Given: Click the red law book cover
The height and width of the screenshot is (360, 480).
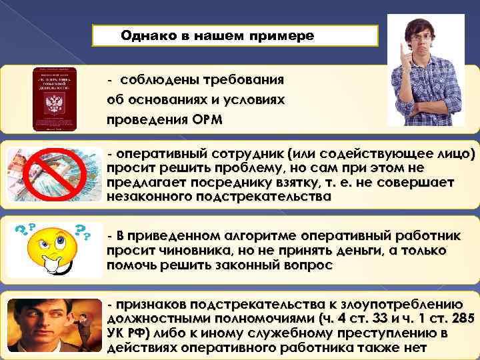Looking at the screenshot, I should point(55,98).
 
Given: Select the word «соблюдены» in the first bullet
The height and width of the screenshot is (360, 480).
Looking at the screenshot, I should point(156,80).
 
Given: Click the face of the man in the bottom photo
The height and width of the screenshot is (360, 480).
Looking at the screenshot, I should point(37,319).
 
